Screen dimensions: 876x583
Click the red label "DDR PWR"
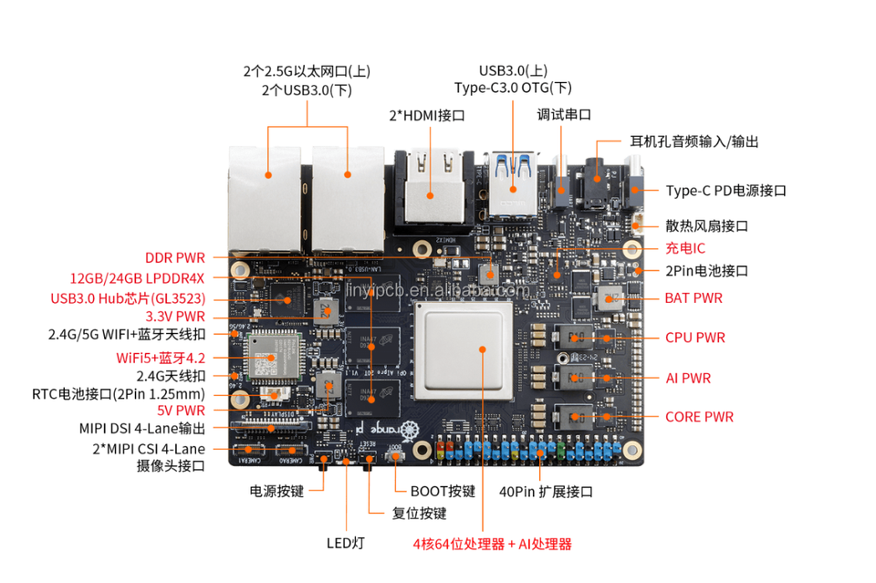pos(174,257)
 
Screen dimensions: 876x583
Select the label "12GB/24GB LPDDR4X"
pos(138,277)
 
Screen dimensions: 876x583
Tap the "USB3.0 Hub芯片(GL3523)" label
pos(127,298)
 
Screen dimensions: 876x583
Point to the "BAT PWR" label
pos(693,297)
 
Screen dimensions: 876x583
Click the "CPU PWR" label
pos(694,338)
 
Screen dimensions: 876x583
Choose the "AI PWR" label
pos(688,378)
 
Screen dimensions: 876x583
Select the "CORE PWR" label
pos(699,417)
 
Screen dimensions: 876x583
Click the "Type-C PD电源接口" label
pos(725,191)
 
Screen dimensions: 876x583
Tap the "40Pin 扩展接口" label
pos(546,492)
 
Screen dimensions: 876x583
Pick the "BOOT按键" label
pos(443,491)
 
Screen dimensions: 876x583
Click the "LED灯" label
pos(346,543)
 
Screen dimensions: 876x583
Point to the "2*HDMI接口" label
pos(427,116)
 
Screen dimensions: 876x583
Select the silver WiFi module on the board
pos(271,358)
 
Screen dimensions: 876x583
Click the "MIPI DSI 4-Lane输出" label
pos(141,428)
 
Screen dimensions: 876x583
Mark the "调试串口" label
pos(564,115)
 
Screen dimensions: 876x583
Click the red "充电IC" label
pos(685,248)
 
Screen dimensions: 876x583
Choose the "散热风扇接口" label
pos(707,225)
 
